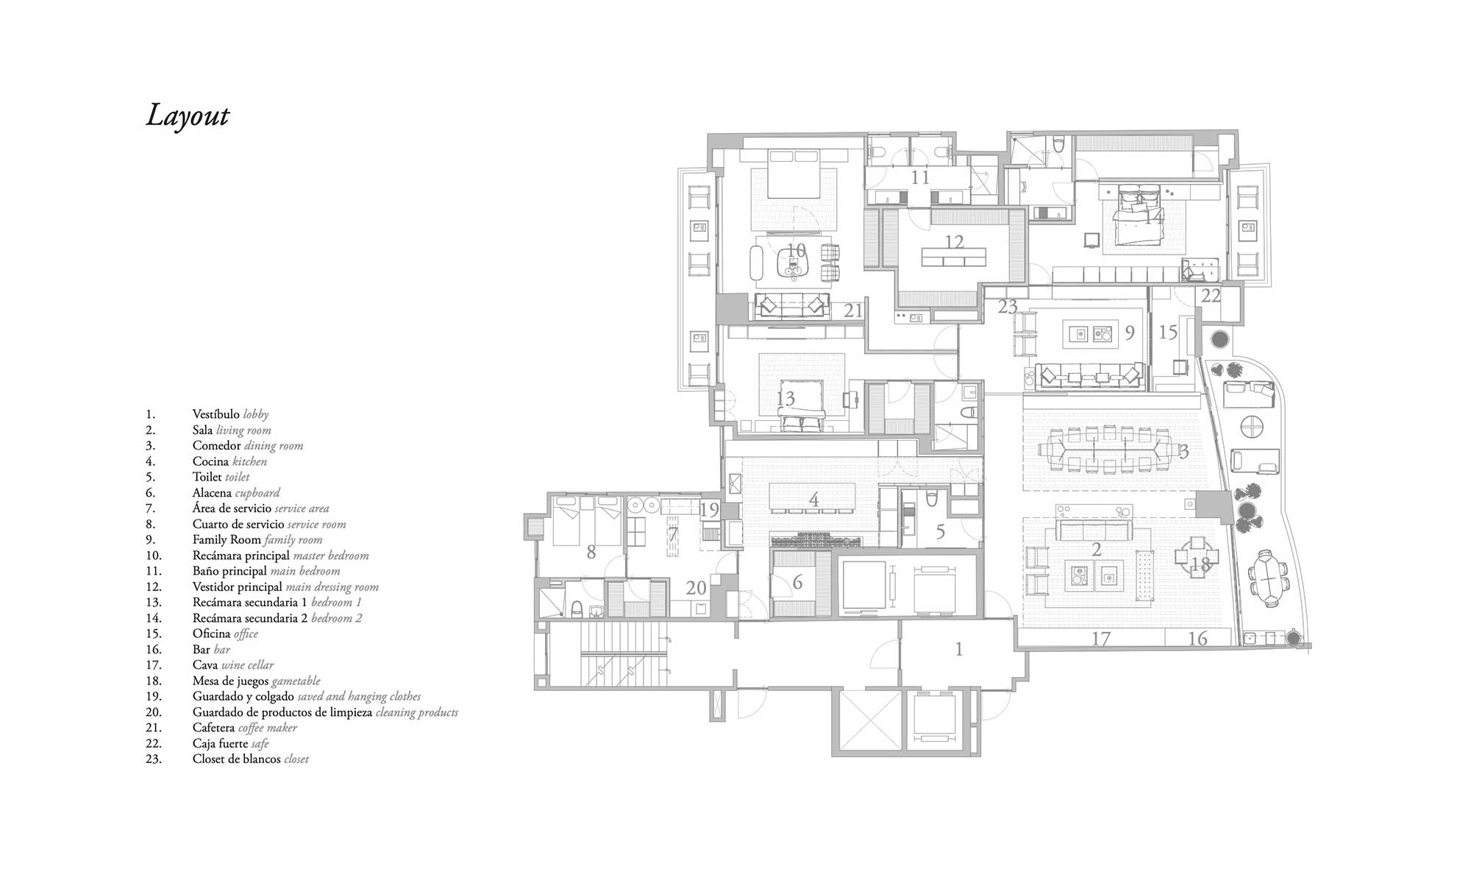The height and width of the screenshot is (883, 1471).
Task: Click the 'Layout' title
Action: click(188, 116)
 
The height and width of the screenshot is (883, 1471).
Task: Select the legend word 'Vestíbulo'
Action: click(216, 414)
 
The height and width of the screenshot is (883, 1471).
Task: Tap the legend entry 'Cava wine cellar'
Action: click(233, 665)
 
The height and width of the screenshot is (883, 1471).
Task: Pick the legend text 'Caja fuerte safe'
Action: click(231, 743)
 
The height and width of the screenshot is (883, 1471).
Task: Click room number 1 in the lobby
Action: click(958, 649)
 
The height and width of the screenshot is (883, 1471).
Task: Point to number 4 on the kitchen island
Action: click(813, 500)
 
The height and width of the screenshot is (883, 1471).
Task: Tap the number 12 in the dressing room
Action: click(954, 241)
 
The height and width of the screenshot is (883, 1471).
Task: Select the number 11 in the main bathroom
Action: click(920, 177)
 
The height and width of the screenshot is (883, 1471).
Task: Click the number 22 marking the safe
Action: click(1211, 296)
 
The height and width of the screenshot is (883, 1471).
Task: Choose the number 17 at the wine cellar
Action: click(1100, 639)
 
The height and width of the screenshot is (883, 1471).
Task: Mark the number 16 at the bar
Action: click(1197, 639)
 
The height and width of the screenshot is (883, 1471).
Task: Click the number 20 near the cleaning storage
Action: click(696, 588)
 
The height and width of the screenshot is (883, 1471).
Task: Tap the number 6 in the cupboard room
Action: click(797, 583)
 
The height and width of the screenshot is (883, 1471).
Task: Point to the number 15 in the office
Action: click(1168, 332)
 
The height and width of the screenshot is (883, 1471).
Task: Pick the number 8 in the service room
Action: click(591, 552)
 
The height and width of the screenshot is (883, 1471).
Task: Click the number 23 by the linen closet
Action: click(1008, 307)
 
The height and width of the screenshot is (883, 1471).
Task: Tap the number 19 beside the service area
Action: click(709, 509)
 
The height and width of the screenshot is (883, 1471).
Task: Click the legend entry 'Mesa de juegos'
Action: click(230, 681)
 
